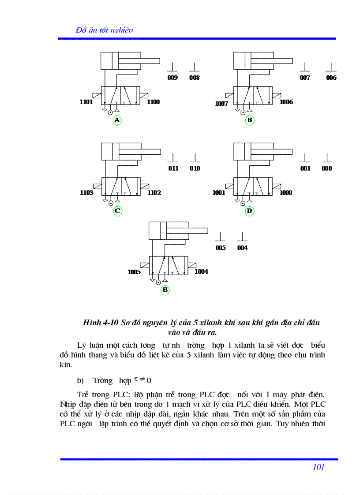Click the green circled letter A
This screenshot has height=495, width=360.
click(x=117, y=120)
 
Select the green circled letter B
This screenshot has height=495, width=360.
click(x=250, y=120)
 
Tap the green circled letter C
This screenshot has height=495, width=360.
click(x=117, y=211)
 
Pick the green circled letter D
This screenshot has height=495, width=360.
click(x=250, y=211)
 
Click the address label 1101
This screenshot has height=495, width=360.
click(x=86, y=102)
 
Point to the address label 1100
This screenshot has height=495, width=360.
click(x=154, y=102)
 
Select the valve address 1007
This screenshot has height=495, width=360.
click(x=221, y=104)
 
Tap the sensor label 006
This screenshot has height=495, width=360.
click(x=331, y=78)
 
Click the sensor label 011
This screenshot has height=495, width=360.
click(x=173, y=168)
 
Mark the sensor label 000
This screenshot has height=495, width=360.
click(x=327, y=168)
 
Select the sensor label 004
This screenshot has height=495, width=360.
click(x=242, y=248)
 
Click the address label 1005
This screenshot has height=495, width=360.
click(x=134, y=272)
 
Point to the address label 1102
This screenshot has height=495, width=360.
click(x=154, y=193)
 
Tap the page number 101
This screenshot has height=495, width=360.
click(x=319, y=467)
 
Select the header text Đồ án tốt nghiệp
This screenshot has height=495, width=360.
click(x=105, y=30)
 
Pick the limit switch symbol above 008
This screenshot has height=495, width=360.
click(x=194, y=67)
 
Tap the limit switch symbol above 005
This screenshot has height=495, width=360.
click(x=221, y=237)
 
